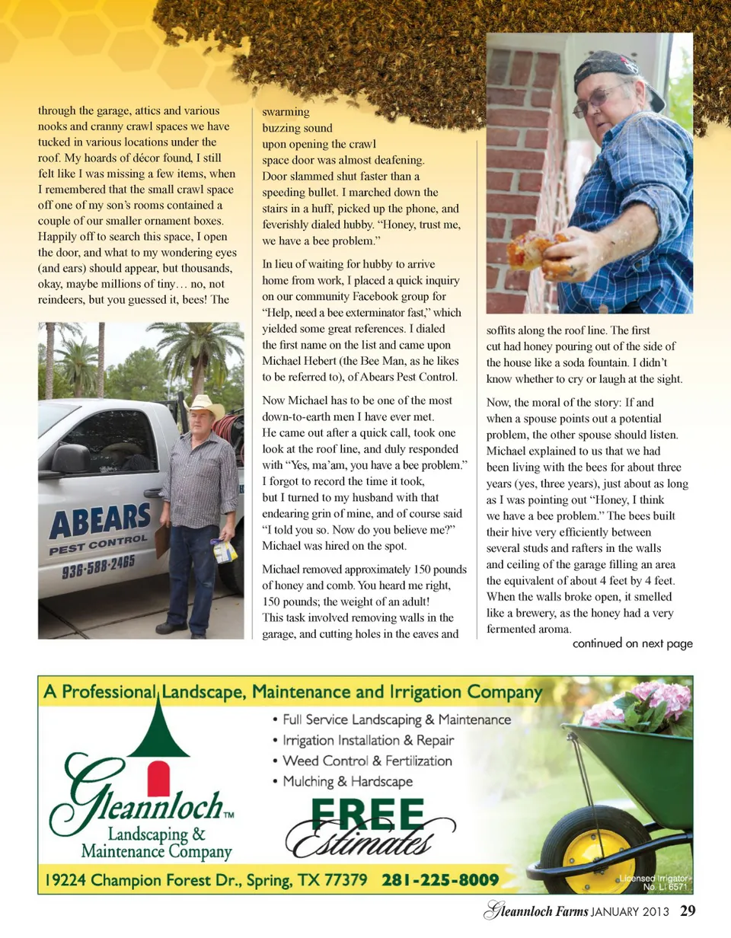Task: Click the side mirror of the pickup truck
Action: [72, 459]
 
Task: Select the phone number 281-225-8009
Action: [440, 880]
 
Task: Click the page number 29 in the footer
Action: [688, 911]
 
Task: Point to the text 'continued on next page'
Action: [632, 643]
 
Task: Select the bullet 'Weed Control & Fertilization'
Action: [367, 761]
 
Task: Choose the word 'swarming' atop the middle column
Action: [280, 112]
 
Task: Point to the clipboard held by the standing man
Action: [162, 540]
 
